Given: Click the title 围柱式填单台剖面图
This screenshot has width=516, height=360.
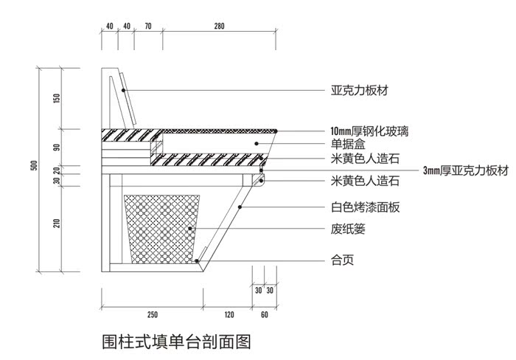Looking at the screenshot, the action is [177, 342].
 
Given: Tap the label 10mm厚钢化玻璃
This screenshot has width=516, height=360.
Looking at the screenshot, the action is [370, 131].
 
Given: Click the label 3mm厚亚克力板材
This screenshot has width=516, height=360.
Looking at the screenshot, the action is [466, 170].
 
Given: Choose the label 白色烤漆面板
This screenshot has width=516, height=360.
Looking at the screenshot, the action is [365, 208].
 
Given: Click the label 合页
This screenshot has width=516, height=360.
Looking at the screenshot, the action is [341, 260].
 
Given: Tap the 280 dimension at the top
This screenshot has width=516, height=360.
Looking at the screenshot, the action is [220, 27].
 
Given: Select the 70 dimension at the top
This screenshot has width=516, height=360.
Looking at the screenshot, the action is [148, 27].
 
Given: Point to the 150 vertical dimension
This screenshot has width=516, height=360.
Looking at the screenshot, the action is [57, 98].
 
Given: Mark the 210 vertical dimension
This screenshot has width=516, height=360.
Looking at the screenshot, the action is [57, 224].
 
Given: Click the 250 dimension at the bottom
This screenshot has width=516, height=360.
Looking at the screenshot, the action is [152, 315].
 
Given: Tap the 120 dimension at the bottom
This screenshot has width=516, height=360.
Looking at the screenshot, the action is [229, 315].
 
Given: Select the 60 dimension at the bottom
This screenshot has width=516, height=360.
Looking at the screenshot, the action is [264, 315].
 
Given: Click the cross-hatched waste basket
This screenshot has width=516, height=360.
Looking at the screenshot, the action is [162, 229].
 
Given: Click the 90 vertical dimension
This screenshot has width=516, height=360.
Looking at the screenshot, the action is [57, 147].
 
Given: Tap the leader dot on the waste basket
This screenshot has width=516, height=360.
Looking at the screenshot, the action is [190, 229].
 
